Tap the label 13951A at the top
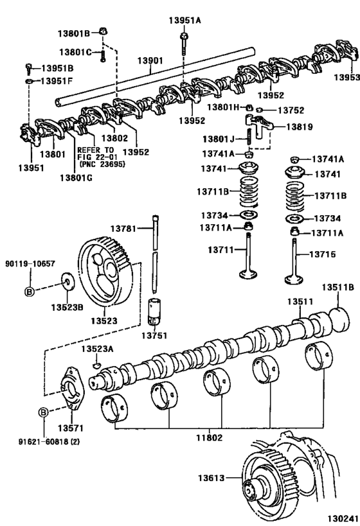(185, 20)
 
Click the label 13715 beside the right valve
(323, 254)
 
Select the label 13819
(298, 127)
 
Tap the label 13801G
(75, 177)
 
